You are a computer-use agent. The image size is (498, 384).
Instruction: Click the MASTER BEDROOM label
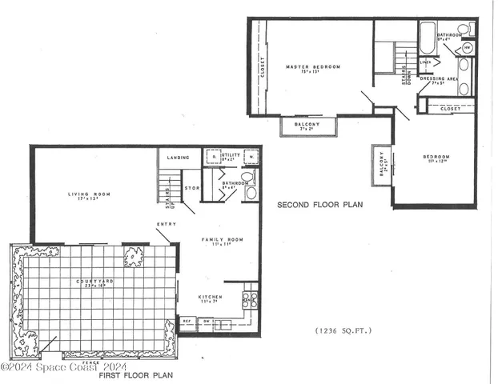313,66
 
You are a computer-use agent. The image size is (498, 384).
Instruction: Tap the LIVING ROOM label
88,194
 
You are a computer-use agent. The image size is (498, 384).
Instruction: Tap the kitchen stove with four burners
250,299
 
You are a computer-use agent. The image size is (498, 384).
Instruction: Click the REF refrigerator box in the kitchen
187,322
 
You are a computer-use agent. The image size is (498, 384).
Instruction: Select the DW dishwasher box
206,322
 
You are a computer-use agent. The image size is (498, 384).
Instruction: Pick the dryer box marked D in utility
213,157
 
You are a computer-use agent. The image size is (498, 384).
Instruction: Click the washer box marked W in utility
251,157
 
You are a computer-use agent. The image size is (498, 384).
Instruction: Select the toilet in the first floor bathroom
247,177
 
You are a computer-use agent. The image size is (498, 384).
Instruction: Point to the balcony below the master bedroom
307,126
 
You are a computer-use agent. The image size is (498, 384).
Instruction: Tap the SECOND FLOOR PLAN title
319,206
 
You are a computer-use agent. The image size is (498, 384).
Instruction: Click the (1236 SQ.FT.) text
344,330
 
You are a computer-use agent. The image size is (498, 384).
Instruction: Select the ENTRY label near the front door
167,224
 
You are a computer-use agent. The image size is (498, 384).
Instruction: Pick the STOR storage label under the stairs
191,190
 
